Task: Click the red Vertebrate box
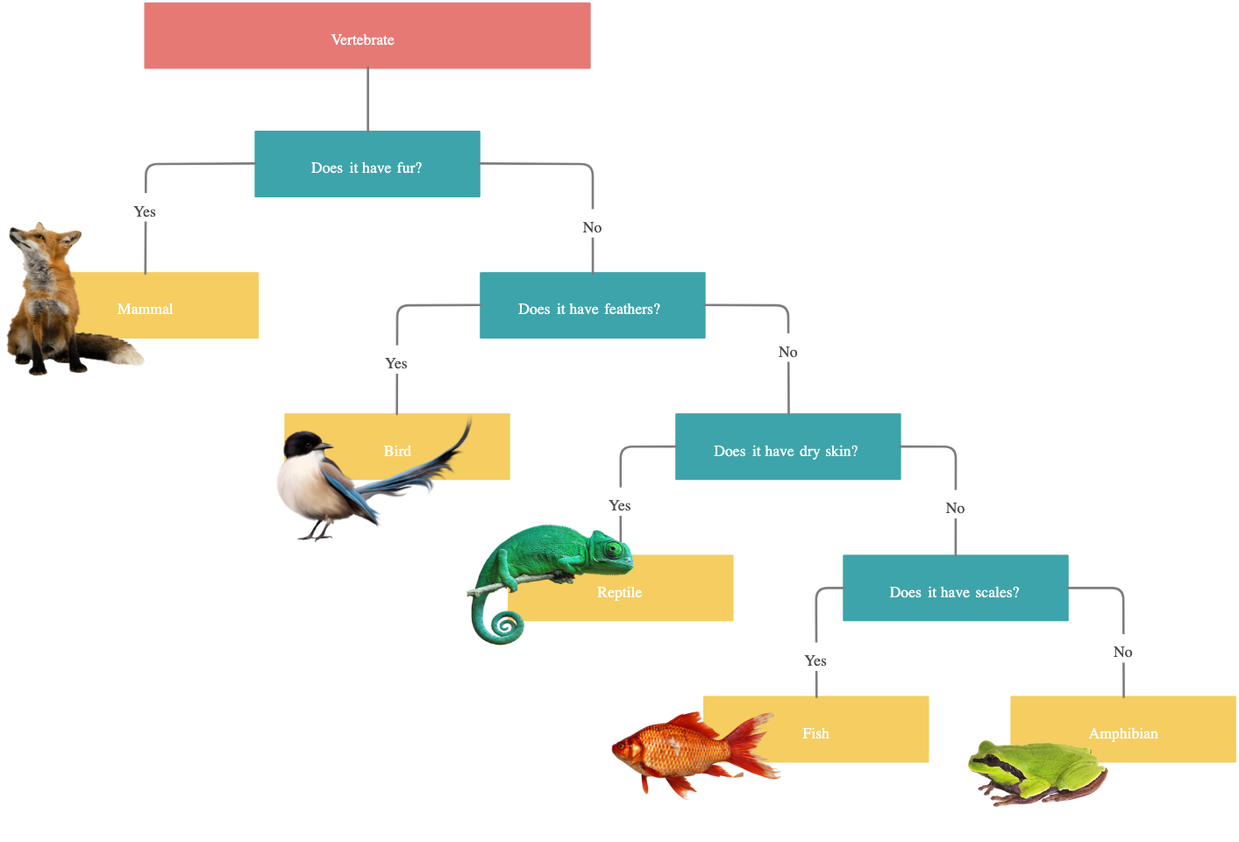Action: tap(367, 36)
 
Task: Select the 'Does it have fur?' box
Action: tap(367, 165)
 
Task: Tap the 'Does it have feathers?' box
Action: tap(592, 306)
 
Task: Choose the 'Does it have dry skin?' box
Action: tap(787, 447)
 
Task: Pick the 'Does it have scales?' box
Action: tap(955, 589)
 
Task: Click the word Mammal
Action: tap(146, 309)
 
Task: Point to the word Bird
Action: tap(397, 451)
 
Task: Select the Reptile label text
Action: tap(619, 592)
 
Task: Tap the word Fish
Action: tap(815, 733)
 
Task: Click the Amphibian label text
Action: tap(1123, 733)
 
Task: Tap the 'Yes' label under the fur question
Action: tap(145, 211)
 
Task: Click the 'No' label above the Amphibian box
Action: tap(1122, 652)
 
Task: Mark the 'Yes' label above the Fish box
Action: tap(815, 660)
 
